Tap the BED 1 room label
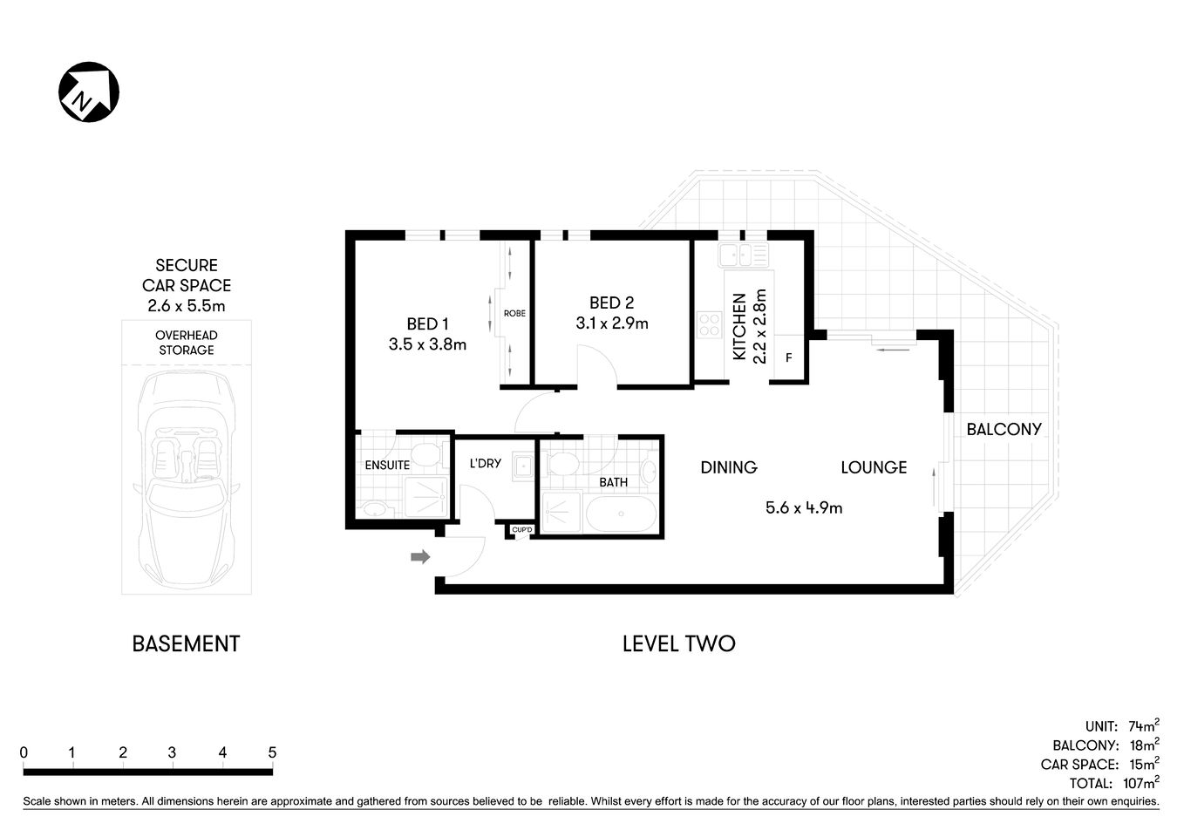(x=427, y=324)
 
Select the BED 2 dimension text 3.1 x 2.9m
(x=611, y=323)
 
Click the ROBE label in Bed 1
(x=514, y=313)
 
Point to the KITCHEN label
(x=739, y=326)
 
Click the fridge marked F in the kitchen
(x=789, y=357)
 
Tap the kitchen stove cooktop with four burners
(x=709, y=324)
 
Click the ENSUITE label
(x=387, y=465)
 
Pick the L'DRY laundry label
(x=485, y=463)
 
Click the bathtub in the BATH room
(x=620, y=514)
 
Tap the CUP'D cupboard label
(x=521, y=529)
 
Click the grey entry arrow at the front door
(x=420, y=556)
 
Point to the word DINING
(x=729, y=467)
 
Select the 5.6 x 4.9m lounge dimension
(x=803, y=507)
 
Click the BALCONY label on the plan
(x=1004, y=429)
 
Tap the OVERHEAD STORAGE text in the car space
(x=186, y=343)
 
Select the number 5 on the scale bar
(x=272, y=752)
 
